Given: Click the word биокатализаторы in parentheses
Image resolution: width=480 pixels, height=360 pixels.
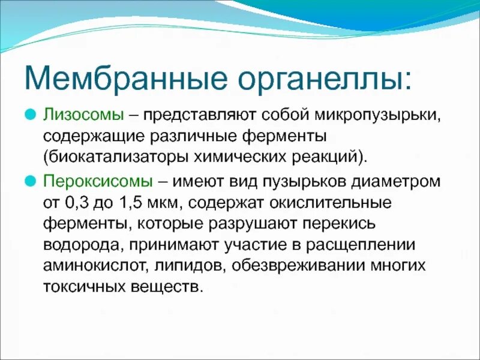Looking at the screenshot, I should [113, 157].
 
